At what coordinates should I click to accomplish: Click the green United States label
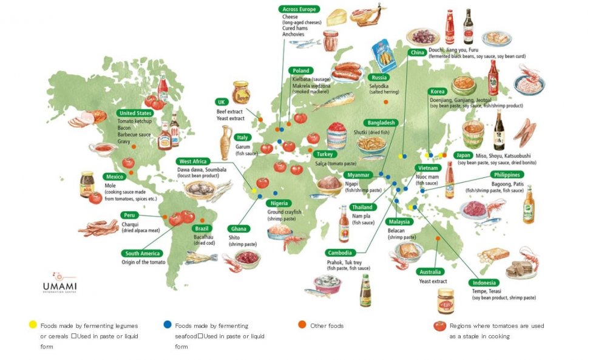tap(135, 113)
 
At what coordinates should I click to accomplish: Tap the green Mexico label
tap(114, 177)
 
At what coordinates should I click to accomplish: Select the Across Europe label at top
tap(299, 9)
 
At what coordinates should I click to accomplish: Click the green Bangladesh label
tap(379, 123)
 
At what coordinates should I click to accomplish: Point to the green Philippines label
tap(507, 175)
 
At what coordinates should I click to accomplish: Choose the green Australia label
tap(429, 272)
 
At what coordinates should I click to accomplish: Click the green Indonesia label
tap(484, 283)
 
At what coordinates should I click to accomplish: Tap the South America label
tap(142, 253)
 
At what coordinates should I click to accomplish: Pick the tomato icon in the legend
tap(440, 326)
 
